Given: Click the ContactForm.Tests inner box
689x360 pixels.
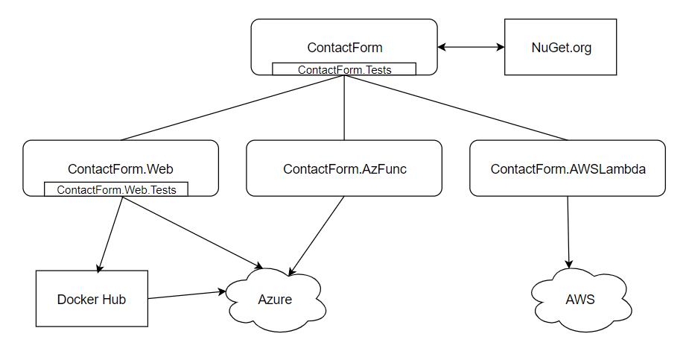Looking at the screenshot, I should [x=344, y=69].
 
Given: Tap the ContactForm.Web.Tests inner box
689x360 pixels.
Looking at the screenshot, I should [x=116, y=190].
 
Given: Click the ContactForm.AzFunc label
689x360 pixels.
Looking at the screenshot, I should [x=344, y=169].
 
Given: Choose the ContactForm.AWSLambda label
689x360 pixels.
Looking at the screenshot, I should [x=568, y=169].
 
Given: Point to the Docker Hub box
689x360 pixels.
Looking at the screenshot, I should [x=92, y=299].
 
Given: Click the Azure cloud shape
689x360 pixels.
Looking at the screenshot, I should [x=274, y=299].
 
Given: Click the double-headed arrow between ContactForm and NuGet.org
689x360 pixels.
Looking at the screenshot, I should [x=471, y=47].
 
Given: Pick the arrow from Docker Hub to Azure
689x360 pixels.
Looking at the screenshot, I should [x=186, y=295].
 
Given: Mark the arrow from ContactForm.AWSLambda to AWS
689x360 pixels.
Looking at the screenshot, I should [x=569, y=231].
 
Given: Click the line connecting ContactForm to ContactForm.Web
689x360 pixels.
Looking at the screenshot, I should [x=232, y=107].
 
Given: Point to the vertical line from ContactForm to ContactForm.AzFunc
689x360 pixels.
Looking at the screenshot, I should [x=344, y=108].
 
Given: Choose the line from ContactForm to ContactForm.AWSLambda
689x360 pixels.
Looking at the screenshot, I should [x=456, y=107].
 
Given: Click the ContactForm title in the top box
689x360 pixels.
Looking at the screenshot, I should [x=344, y=48].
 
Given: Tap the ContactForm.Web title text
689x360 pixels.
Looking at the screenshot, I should [x=121, y=169].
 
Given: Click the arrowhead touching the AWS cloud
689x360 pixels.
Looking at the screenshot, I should [x=570, y=264].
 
